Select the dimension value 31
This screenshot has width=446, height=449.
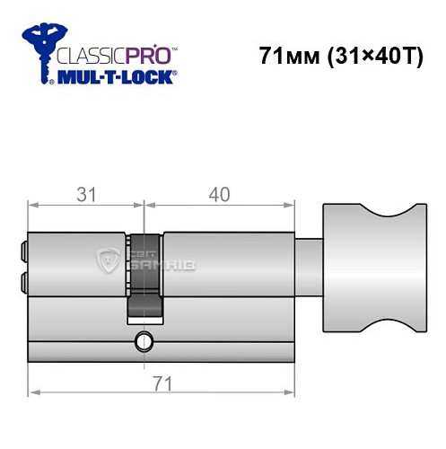[x=86, y=194]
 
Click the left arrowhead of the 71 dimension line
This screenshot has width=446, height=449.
[x=33, y=393]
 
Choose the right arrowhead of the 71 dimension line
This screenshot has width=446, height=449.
[x=292, y=393]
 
